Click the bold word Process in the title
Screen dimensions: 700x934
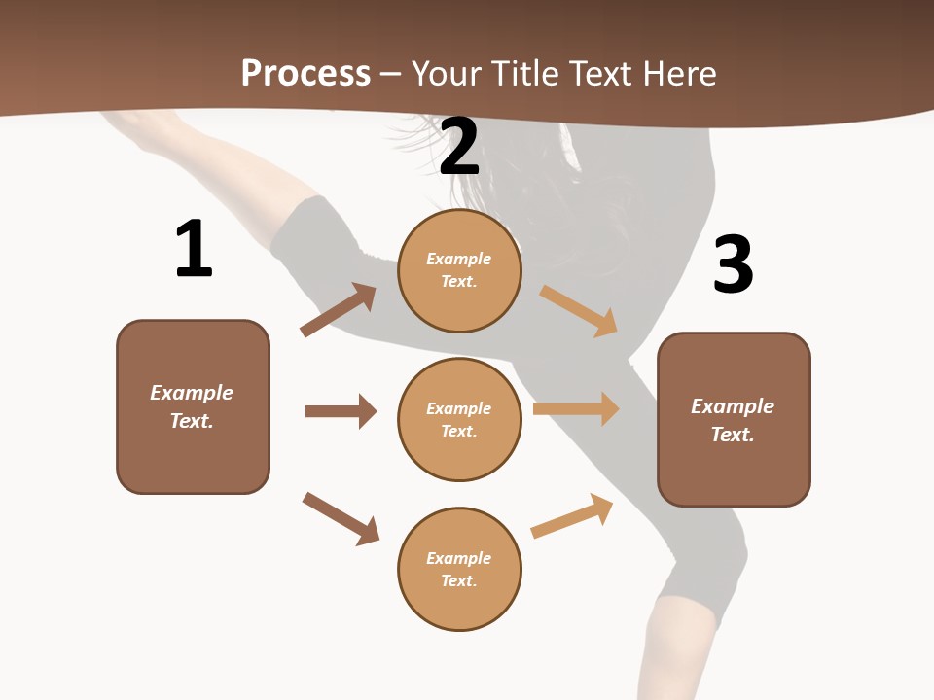coord(305,73)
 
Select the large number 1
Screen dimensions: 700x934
coord(194,249)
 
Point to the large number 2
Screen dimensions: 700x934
coord(459,147)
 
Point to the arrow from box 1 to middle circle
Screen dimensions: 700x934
coord(341,411)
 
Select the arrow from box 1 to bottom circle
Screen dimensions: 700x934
coord(341,518)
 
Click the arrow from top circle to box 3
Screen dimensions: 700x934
coord(578,310)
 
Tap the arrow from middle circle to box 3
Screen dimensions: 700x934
coord(576,408)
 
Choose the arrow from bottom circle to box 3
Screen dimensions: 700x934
coord(572,516)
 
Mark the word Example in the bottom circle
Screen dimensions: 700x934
coord(459,558)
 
